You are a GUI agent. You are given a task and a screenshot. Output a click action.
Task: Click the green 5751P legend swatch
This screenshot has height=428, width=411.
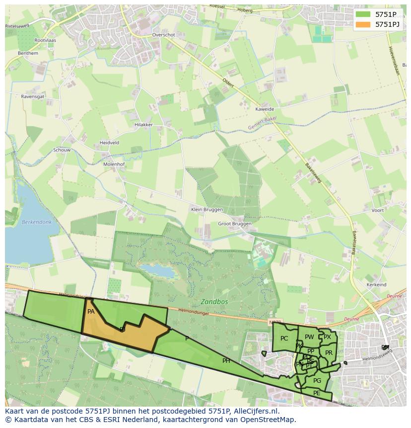(363, 14)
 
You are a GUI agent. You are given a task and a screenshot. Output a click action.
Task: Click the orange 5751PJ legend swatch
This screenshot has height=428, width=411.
(363, 24)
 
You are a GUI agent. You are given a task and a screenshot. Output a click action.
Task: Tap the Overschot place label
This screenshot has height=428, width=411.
(164, 35)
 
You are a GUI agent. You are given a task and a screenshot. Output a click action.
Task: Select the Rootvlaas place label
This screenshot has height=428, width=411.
(45, 40)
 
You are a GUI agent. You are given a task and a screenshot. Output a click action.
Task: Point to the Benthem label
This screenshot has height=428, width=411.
(28, 53)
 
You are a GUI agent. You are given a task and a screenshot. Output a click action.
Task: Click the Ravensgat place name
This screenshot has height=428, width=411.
(33, 96)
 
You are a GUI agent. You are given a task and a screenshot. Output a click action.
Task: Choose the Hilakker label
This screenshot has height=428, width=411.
(143, 125)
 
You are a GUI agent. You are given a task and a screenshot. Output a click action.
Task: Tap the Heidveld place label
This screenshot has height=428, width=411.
(109, 143)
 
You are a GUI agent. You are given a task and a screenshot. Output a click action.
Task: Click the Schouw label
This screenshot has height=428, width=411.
(62, 150)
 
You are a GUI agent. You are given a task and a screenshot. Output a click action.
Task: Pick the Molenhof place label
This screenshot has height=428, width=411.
(114, 164)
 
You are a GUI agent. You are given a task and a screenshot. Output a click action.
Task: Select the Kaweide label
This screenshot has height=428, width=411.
(265, 109)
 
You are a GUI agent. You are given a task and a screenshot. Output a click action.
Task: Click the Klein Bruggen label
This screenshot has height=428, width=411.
(207, 210)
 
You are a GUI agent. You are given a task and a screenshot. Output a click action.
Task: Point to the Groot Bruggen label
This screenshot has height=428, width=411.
(235, 224)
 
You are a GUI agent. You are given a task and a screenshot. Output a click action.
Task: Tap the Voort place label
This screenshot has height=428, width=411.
(377, 210)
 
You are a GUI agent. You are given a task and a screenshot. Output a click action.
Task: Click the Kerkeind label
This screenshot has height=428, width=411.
(376, 285)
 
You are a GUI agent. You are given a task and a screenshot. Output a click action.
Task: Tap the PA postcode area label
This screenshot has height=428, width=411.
(91, 312)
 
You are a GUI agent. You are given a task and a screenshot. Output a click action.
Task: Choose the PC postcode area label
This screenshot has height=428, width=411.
(284, 339)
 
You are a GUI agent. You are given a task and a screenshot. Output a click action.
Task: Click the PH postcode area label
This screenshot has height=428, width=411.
(226, 361)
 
